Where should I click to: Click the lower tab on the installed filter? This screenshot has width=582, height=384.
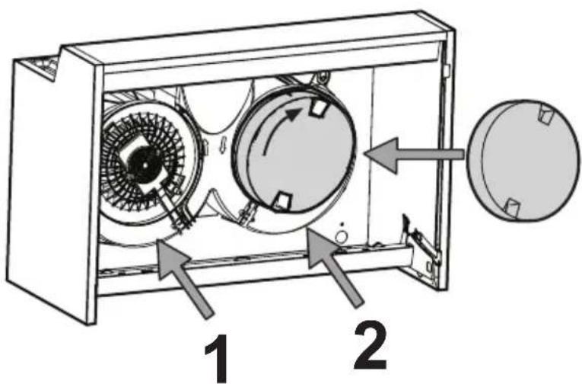(281, 200)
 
